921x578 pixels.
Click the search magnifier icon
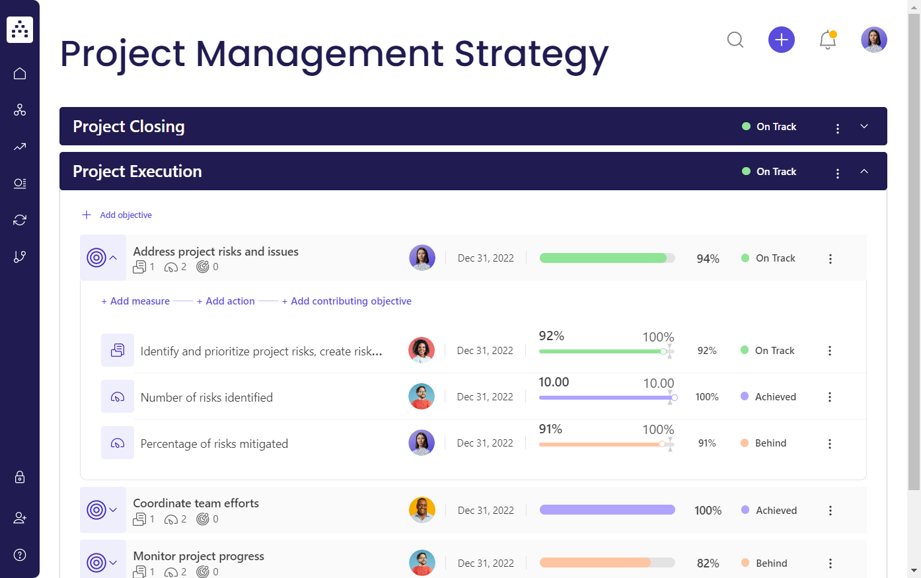click(735, 40)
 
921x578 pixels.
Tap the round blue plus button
click(781, 40)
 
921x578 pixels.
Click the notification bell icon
click(827, 40)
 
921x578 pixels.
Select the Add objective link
click(125, 215)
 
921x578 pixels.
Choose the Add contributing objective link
click(350, 301)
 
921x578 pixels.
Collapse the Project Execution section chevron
click(864, 172)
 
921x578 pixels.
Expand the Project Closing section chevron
click(864, 127)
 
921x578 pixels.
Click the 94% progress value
click(708, 259)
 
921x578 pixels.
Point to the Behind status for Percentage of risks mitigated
click(770, 443)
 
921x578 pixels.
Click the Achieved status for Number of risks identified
click(775, 397)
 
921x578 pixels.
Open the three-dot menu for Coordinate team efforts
click(830, 511)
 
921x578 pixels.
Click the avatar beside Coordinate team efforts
click(422, 510)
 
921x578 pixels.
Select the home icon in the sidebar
click(20, 73)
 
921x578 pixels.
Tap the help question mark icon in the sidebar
click(20, 555)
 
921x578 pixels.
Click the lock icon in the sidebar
click(20, 477)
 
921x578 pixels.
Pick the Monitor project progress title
click(198, 556)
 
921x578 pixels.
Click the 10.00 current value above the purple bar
click(554, 382)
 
